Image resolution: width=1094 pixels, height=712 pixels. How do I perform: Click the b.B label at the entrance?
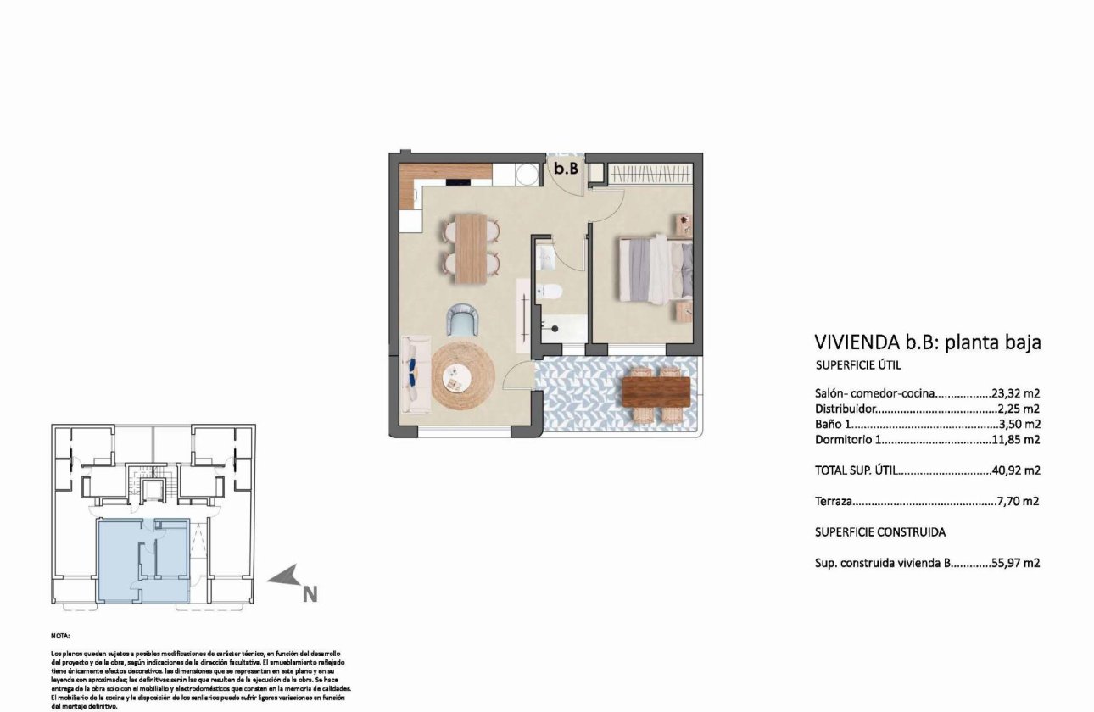pos(566,169)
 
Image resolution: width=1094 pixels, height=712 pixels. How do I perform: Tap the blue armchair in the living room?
pos(463,320)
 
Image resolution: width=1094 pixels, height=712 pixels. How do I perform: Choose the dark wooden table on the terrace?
pos(656,392)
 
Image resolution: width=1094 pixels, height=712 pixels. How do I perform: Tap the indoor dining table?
pos(472,248)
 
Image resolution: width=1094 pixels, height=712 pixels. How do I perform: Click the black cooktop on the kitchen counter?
pos(459,179)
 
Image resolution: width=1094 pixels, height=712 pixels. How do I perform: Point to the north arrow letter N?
pos(310,595)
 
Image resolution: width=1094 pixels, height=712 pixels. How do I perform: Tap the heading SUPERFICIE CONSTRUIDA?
pos(879,532)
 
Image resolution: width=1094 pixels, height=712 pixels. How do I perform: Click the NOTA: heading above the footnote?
pos(60,635)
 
